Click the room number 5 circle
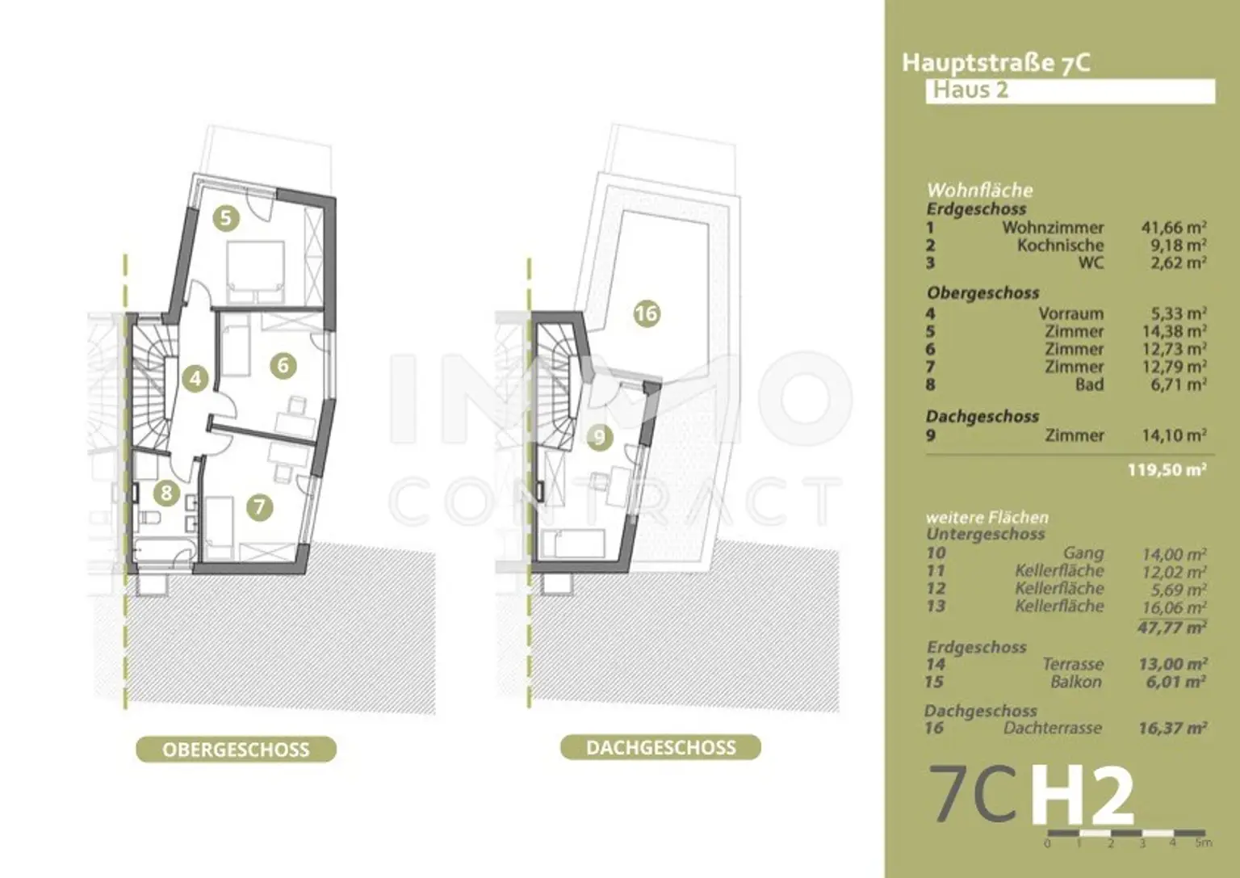(226, 217)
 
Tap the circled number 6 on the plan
(283, 365)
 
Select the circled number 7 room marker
(259, 506)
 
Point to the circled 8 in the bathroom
(167, 492)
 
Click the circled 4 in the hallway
(195, 378)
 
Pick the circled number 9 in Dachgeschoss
(599, 438)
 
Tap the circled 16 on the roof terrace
(647, 313)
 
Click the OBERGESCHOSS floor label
(236, 750)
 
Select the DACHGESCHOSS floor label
(660, 747)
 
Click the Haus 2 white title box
(1069, 90)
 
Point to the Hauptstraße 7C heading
(995, 63)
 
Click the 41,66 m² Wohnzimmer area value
(1173, 228)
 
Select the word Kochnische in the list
(1060, 246)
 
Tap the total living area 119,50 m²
(1167, 469)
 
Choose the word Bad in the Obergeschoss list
(1089, 384)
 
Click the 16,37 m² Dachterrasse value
(1172, 729)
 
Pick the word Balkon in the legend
(1075, 682)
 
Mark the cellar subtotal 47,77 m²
(1171, 627)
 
